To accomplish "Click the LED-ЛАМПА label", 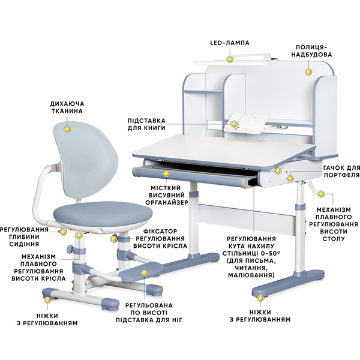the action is point(230,43).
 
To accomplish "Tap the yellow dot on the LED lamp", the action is point(229,59).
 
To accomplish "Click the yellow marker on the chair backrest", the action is point(67,129).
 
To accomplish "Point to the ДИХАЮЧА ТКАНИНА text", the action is point(67,107).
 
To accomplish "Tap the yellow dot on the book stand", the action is point(234,124).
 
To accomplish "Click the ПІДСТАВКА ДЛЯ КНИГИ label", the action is point(146,124).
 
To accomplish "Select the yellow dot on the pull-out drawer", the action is point(166,174).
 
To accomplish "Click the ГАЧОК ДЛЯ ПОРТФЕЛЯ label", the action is point(341,171).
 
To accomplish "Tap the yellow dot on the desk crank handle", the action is point(321,194).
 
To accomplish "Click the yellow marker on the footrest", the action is point(144,273).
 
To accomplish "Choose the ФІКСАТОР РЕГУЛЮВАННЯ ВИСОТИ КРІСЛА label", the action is point(160,239).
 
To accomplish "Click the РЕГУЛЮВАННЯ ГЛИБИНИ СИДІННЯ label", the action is point(24,237).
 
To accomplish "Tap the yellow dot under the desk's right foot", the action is point(260,298).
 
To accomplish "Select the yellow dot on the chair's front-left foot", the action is point(47,300).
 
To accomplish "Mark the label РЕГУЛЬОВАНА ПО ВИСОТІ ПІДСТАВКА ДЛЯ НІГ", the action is point(149,313).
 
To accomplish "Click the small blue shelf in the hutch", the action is point(203,92).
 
